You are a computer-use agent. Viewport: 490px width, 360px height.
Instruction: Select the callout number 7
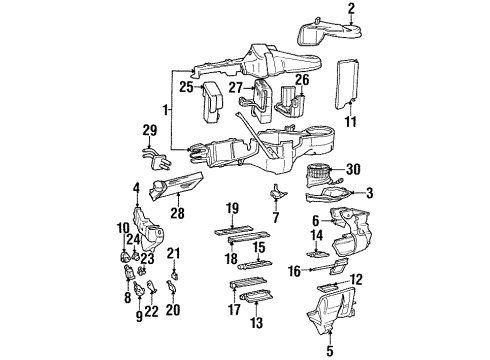(x=275, y=218)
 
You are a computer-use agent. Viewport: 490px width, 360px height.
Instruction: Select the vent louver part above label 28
(x=176, y=184)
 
